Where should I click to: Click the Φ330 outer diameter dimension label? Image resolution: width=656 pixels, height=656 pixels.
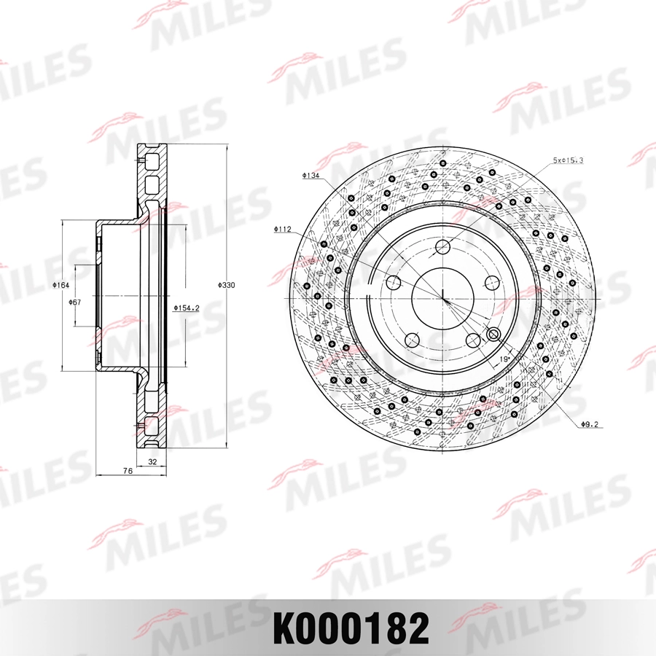pos(227,286)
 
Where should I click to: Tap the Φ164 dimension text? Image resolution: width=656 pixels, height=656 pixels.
pos(60,286)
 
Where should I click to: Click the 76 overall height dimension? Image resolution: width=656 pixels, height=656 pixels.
pos(127,472)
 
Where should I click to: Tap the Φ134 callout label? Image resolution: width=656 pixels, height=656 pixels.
pos(311,176)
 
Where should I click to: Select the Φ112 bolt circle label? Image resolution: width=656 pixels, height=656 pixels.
pos(283,230)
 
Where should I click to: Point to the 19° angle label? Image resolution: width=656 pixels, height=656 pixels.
pos(504,359)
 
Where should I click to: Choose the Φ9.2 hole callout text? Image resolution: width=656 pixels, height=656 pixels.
pos(590,424)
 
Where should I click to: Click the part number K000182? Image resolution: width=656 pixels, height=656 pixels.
pos(351,628)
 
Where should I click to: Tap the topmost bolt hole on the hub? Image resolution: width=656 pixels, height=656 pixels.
pos(442,248)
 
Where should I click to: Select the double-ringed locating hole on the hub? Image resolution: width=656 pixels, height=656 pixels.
pos(493,335)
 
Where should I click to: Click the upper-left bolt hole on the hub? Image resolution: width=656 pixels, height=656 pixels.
pos(394,283)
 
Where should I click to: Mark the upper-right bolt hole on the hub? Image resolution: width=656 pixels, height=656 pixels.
pos(491,283)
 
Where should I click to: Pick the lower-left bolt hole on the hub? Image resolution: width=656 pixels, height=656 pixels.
pos(413,340)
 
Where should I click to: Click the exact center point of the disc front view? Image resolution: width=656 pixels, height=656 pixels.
pos(442,297)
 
